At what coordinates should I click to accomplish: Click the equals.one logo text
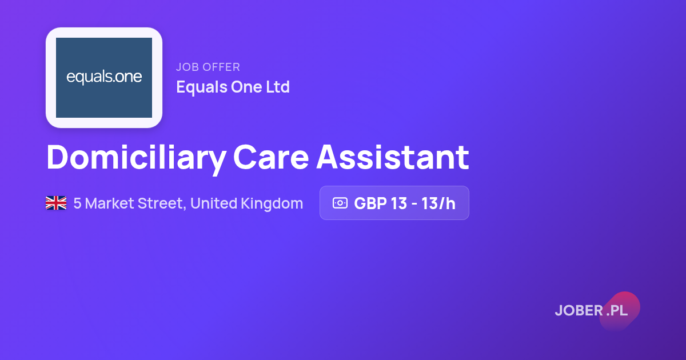point(104,77)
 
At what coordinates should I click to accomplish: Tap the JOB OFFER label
point(208,67)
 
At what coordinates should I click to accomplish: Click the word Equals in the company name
point(201,87)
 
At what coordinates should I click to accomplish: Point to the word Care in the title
point(271,157)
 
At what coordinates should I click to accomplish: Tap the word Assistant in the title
point(393,157)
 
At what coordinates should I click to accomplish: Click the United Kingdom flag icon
point(56,203)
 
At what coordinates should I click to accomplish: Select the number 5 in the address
point(77,203)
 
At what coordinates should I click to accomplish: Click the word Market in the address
point(109,203)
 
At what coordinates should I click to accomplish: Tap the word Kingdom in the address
point(272,204)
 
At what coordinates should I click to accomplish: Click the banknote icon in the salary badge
point(340,203)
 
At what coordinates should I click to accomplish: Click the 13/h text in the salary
point(438,203)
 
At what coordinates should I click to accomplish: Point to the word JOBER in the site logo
point(579,310)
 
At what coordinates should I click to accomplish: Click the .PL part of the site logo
point(617,311)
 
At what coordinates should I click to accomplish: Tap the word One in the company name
point(246,87)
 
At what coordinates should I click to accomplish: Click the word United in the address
point(214,203)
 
